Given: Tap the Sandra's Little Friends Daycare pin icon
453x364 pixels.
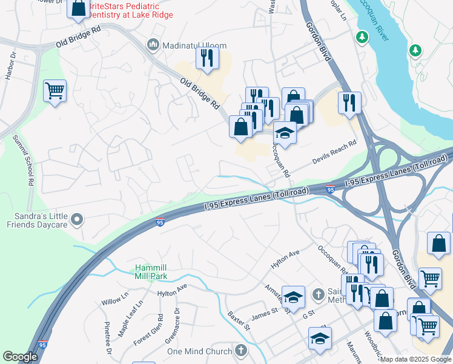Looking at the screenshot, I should coord(77,219).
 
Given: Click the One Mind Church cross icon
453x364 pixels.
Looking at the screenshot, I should coord(241,351).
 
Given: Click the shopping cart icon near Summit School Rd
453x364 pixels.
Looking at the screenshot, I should coord(55,91).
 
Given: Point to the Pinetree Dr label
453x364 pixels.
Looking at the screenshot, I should coord(108,339).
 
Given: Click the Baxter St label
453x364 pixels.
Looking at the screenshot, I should coord(239,321).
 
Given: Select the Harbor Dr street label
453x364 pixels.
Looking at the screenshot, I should coord(8,68).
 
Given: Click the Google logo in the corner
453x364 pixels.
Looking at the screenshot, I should coord(20,357).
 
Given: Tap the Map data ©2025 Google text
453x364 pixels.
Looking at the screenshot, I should coord(415,359).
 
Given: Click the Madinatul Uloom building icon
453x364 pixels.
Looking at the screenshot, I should coord(153,45).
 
